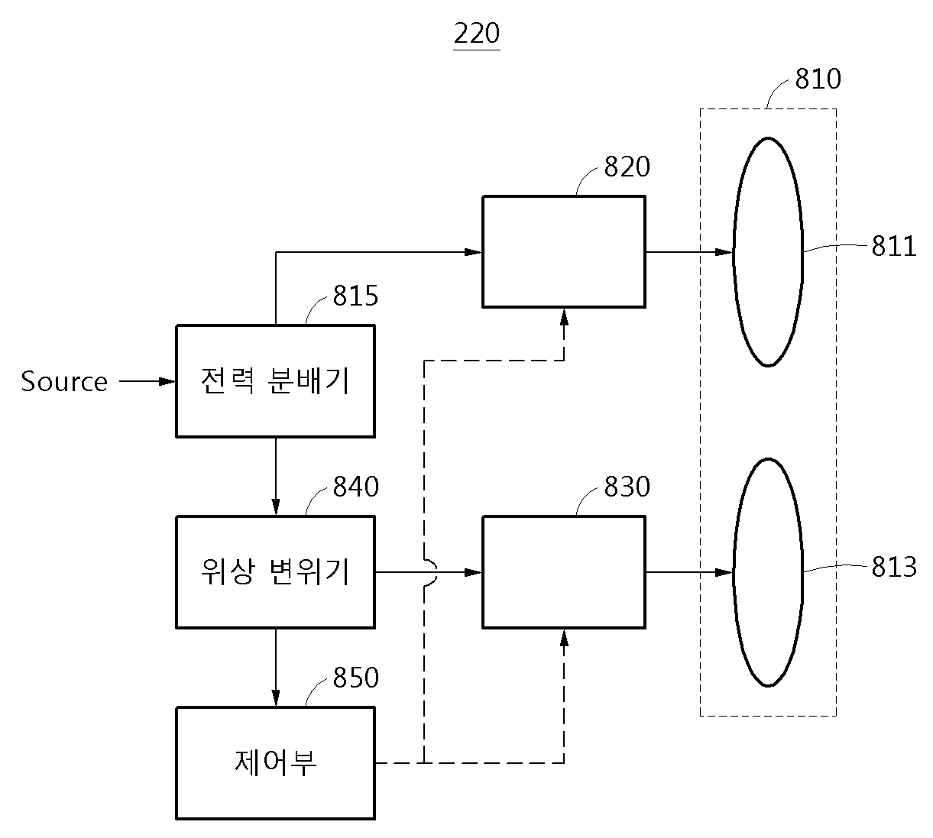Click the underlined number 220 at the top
click(x=477, y=33)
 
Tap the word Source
click(x=64, y=382)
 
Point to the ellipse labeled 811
click(x=734, y=252)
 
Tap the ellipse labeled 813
click(x=734, y=572)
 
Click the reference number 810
click(x=818, y=78)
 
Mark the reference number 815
click(x=355, y=296)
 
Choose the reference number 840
click(x=355, y=487)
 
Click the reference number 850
click(x=355, y=678)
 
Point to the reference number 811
click(x=894, y=246)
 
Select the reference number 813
click(x=894, y=566)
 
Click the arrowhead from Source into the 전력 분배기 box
click(x=167, y=381)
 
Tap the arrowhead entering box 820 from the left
click(x=473, y=252)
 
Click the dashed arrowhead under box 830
click(x=564, y=639)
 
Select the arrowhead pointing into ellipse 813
click(x=724, y=572)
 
